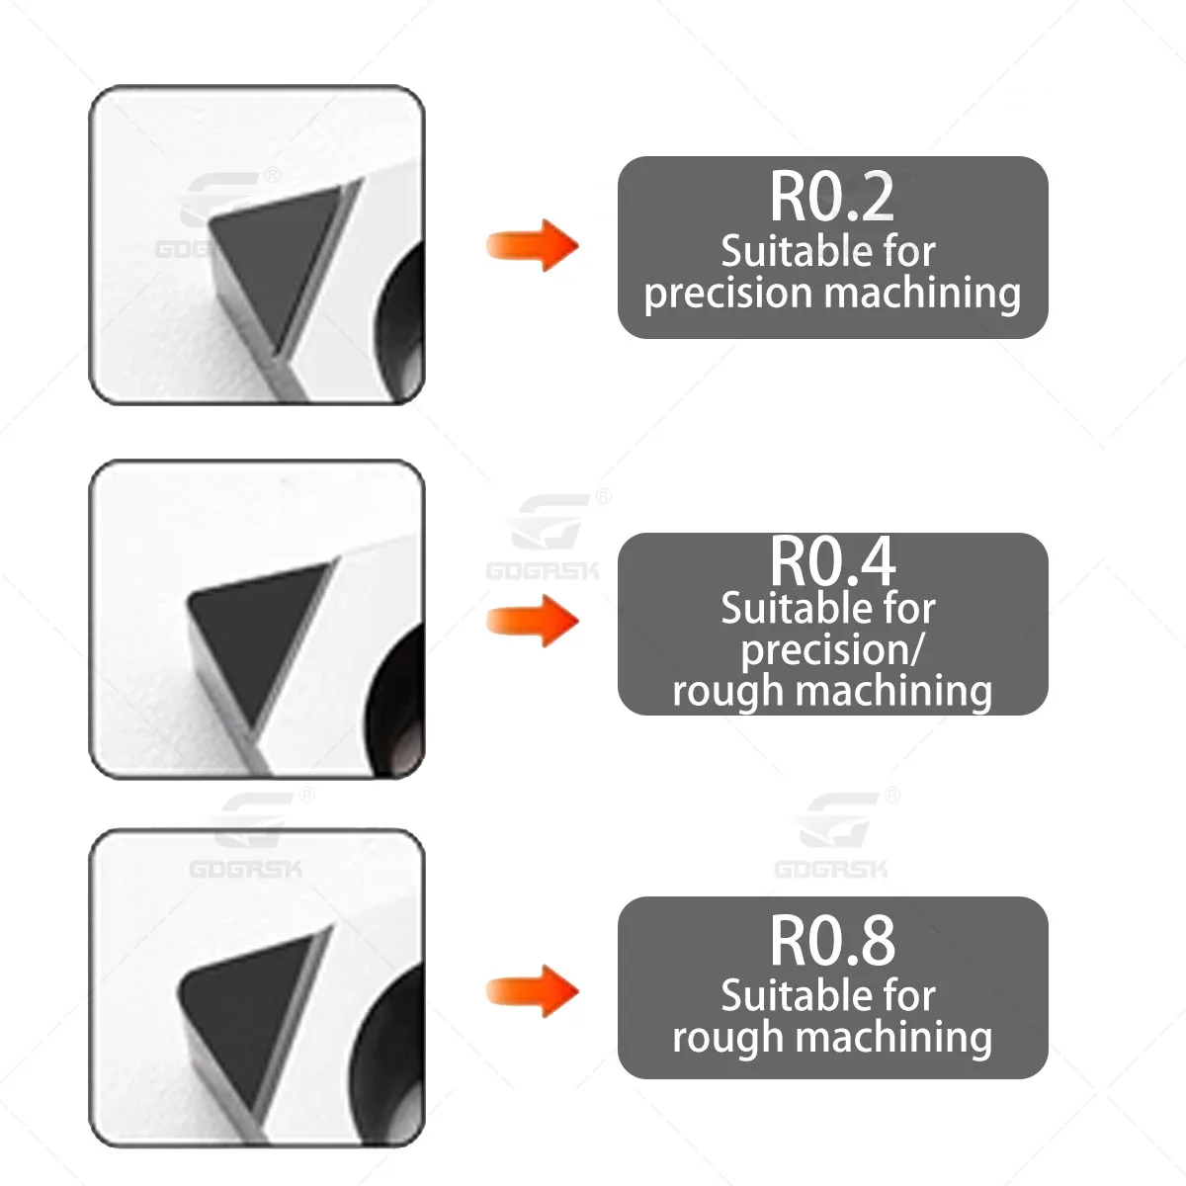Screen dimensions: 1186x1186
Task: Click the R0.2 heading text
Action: click(x=832, y=197)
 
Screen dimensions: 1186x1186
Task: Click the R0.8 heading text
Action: click(x=832, y=941)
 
